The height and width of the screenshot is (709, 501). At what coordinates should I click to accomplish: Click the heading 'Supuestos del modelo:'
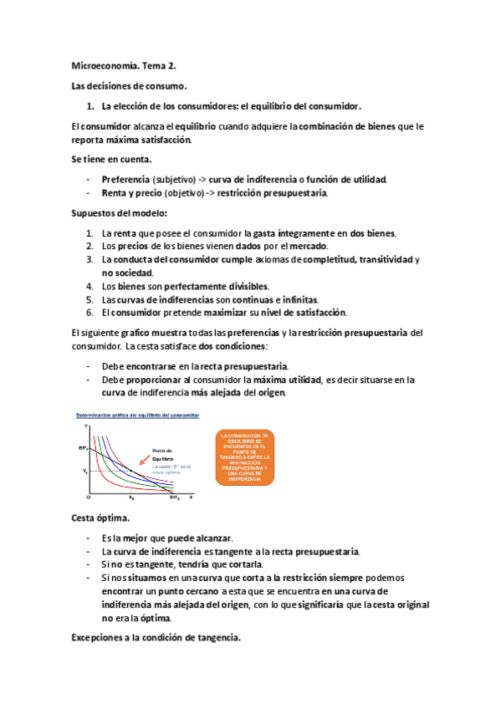120,213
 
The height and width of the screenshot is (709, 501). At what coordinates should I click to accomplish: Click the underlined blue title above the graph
138,416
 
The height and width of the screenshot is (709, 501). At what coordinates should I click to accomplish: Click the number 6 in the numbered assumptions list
90,314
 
